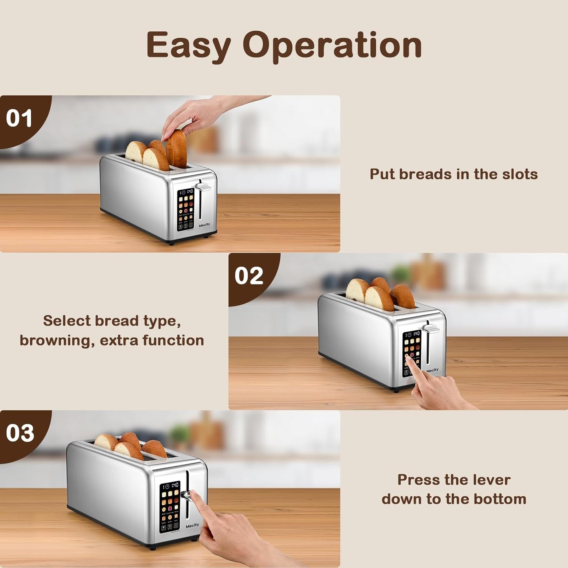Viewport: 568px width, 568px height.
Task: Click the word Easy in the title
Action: (188, 46)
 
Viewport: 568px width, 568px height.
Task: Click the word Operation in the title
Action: (332, 46)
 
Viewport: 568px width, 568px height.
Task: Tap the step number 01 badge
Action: (19, 118)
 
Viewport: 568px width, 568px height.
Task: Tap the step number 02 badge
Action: (248, 276)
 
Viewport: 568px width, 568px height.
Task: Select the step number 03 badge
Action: (20, 433)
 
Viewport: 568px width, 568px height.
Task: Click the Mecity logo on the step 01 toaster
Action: (204, 225)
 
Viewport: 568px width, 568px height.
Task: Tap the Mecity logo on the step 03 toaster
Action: (192, 526)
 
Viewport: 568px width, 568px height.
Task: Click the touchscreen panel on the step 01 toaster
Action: (186, 209)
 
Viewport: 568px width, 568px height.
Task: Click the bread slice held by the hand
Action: (176, 149)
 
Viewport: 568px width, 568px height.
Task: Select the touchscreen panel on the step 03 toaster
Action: (169, 507)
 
